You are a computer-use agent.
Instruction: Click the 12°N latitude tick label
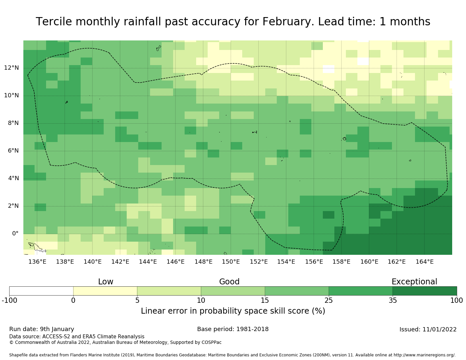pyautogui.click(x=12, y=68)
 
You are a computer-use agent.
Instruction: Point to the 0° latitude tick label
pyautogui.click(x=15, y=233)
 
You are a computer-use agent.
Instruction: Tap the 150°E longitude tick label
pyautogui.click(x=231, y=261)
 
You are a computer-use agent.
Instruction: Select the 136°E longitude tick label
pyautogui.click(x=37, y=261)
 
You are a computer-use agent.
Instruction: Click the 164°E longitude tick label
pyautogui.click(x=425, y=261)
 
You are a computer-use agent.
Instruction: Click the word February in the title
pyautogui.click(x=288, y=22)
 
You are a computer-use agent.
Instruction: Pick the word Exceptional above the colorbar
pyautogui.click(x=414, y=282)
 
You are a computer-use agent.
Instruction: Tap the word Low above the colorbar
pyautogui.click(x=106, y=282)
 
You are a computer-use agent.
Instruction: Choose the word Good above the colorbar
pyautogui.click(x=229, y=282)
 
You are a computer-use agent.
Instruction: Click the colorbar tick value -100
pyautogui.click(x=10, y=300)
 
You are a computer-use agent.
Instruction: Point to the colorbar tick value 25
pyautogui.click(x=328, y=300)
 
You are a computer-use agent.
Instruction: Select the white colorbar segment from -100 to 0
pyautogui.click(x=41, y=291)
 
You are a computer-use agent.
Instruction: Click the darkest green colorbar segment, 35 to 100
pyautogui.click(x=425, y=291)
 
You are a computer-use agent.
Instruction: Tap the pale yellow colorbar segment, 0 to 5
pyautogui.click(x=105, y=291)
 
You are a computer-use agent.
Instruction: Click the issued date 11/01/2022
pyautogui.click(x=439, y=329)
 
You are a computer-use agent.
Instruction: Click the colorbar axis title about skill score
pyautogui.click(x=233, y=311)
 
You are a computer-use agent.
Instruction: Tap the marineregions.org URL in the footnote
pyautogui.click(x=424, y=355)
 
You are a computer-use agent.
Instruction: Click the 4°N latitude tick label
pyautogui.click(x=13, y=178)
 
